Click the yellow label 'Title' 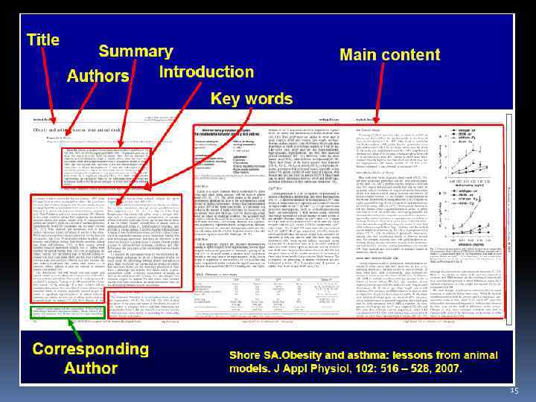[43, 40]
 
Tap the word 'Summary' [135, 51]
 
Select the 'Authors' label [98, 76]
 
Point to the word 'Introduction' [206, 71]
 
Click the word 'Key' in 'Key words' [228, 98]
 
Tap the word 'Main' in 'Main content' [363, 54]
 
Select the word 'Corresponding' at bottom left [90, 348]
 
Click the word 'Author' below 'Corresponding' [90, 368]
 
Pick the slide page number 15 [514, 390]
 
